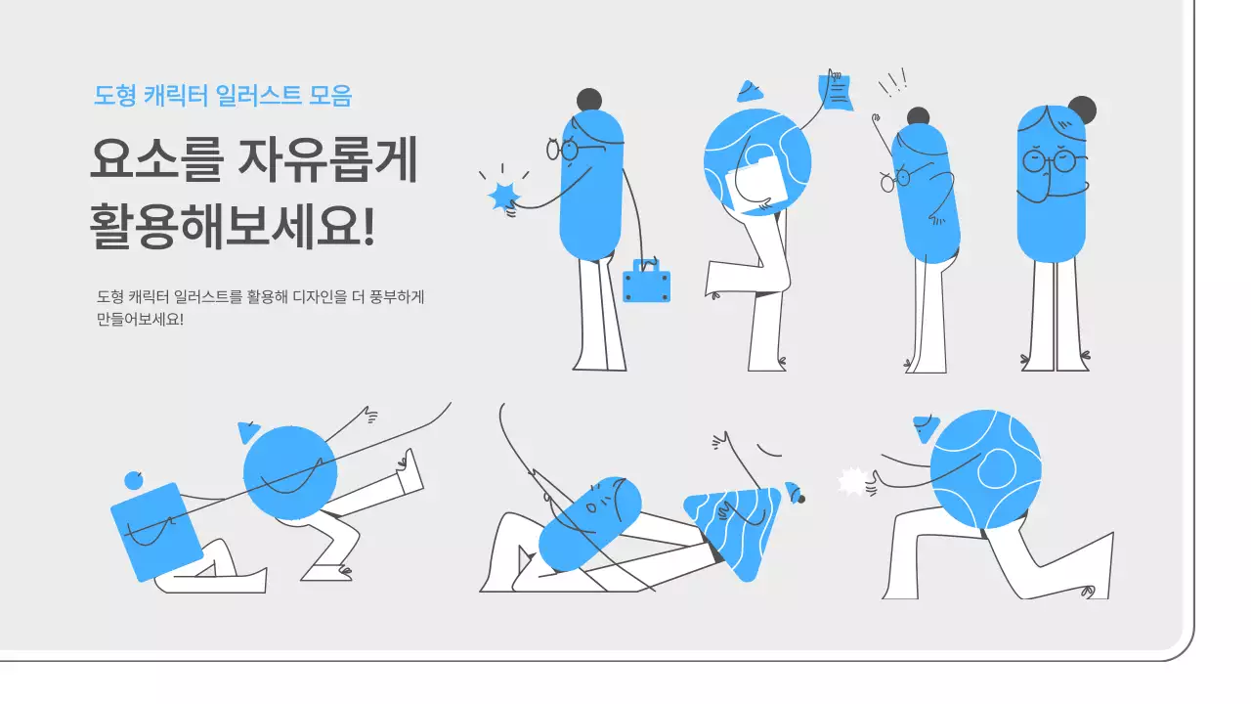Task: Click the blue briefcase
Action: pos(646,282)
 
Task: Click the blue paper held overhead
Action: pos(837,92)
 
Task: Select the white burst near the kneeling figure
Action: pos(853,482)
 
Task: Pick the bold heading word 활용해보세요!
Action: pos(233,227)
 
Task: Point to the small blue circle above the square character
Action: pos(134,480)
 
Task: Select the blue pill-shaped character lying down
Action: pos(590,525)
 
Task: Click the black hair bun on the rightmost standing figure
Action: pos(1082,109)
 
